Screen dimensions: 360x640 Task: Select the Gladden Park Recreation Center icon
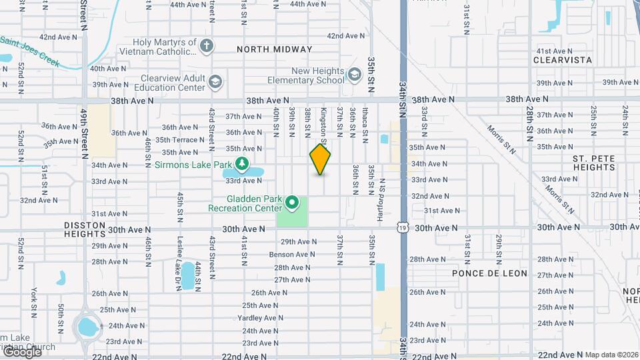point(291,201)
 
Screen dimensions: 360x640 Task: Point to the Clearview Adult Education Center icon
point(215,82)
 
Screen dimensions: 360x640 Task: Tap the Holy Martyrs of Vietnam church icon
point(207,46)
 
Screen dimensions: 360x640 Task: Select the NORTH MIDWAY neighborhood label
point(274,49)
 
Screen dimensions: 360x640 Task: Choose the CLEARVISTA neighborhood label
point(563,60)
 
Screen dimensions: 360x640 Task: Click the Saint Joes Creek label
point(30,51)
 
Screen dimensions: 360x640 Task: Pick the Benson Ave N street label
point(292,254)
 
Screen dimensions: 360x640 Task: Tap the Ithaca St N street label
point(365,125)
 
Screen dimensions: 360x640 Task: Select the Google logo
point(21,353)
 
